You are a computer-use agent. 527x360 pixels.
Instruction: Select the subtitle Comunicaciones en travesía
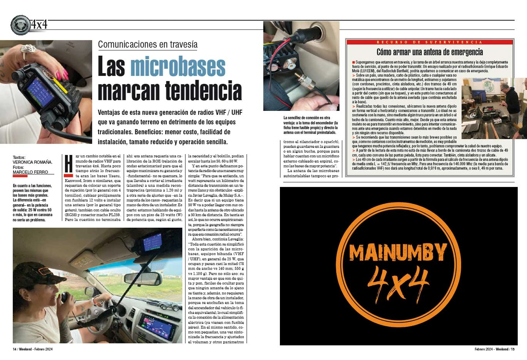tap(147, 44)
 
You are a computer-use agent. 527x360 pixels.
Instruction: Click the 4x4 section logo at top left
tap(29, 25)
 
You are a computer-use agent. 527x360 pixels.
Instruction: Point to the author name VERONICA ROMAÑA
tap(32, 162)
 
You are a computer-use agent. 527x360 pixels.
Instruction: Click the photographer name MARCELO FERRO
tap(30, 172)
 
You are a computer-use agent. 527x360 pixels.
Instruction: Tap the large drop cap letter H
tap(69, 163)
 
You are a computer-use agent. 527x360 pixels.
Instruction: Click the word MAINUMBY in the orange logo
tap(398, 253)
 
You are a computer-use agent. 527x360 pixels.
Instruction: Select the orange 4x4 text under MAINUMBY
tap(398, 283)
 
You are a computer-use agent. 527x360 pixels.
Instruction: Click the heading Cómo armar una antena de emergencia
tap(429, 52)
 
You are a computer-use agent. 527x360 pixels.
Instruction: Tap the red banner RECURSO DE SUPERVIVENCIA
tap(429, 42)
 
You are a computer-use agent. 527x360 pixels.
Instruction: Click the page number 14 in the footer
tap(14, 349)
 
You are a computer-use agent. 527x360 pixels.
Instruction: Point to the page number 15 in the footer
tap(512, 349)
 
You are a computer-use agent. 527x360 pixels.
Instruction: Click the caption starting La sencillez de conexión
tap(310, 125)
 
